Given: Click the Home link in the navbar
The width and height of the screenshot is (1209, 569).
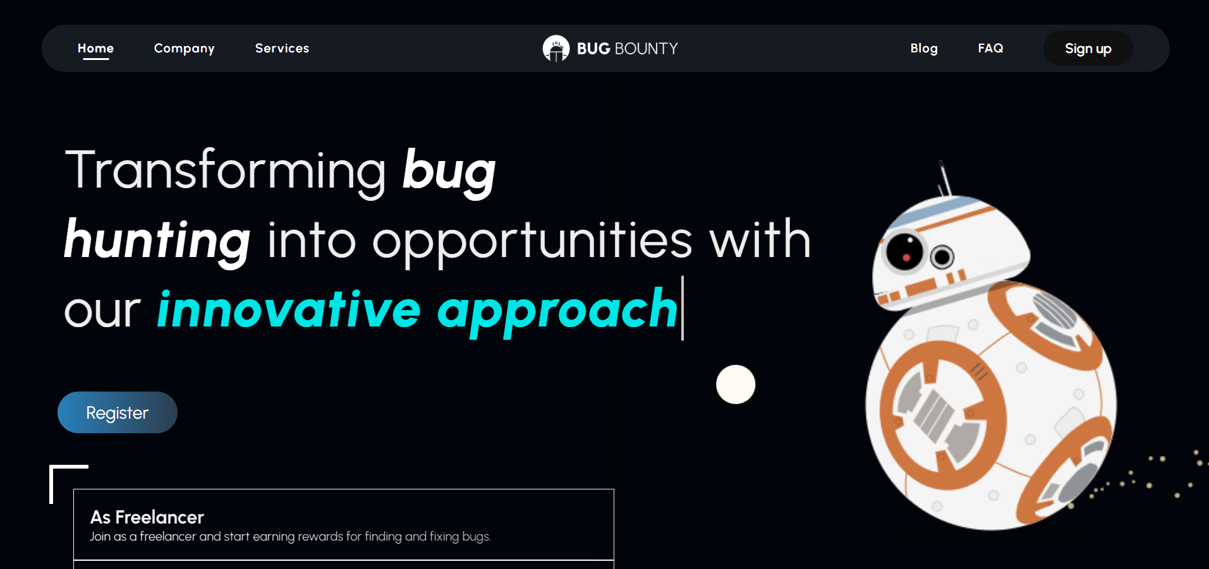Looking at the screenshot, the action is click(95, 48).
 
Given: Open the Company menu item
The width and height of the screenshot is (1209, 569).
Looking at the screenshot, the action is click(184, 49).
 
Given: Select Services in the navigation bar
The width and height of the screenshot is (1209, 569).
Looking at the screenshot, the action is click(282, 48).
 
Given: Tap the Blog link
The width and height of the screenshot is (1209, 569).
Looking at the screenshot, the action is click(923, 49).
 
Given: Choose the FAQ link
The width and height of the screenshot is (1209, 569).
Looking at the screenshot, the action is click(990, 48).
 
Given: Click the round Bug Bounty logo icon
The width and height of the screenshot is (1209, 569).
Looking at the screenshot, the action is click(556, 49).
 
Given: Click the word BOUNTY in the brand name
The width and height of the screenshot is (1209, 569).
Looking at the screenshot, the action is click(646, 49).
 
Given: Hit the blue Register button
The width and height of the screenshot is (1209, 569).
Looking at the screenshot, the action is click(118, 412).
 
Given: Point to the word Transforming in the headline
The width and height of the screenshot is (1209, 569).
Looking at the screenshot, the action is click(226, 171).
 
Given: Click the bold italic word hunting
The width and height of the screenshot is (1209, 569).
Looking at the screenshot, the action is click(157, 241).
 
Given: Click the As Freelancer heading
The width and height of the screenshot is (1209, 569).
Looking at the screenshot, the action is click(147, 517).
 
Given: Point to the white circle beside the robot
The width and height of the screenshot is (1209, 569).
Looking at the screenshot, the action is click(736, 384).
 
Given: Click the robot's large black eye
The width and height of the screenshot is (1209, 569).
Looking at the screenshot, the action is click(905, 251).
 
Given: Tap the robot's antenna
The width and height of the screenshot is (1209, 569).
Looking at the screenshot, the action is click(945, 179).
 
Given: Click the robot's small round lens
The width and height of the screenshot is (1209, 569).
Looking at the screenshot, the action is click(942, 256).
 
